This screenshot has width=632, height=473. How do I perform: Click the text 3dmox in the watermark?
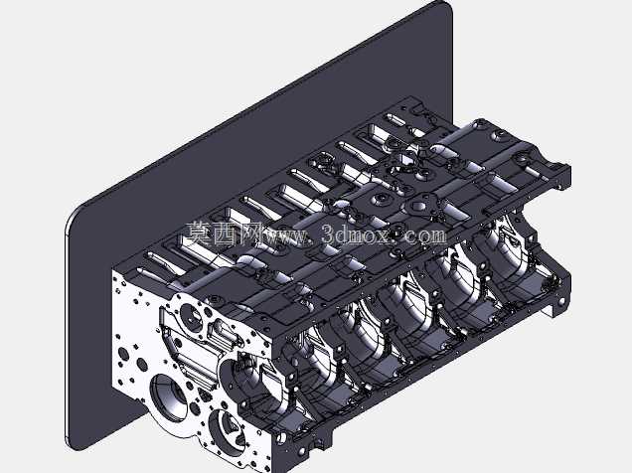point(357,234)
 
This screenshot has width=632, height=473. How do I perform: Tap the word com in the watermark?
point(426,235)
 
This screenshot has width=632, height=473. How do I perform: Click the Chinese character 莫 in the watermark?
point(200,234)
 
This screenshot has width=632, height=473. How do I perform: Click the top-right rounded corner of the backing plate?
point(446,6)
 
